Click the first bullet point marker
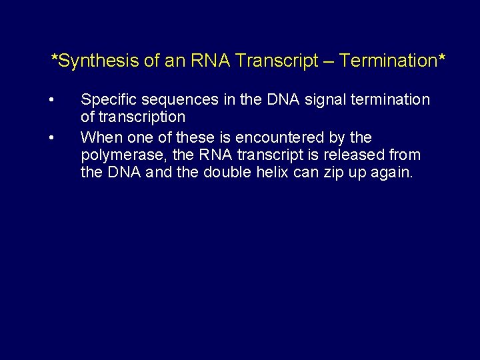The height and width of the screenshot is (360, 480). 51,100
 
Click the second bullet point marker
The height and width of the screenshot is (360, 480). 51,137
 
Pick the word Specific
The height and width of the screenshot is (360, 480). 106,100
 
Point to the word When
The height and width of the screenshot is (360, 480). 99,137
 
